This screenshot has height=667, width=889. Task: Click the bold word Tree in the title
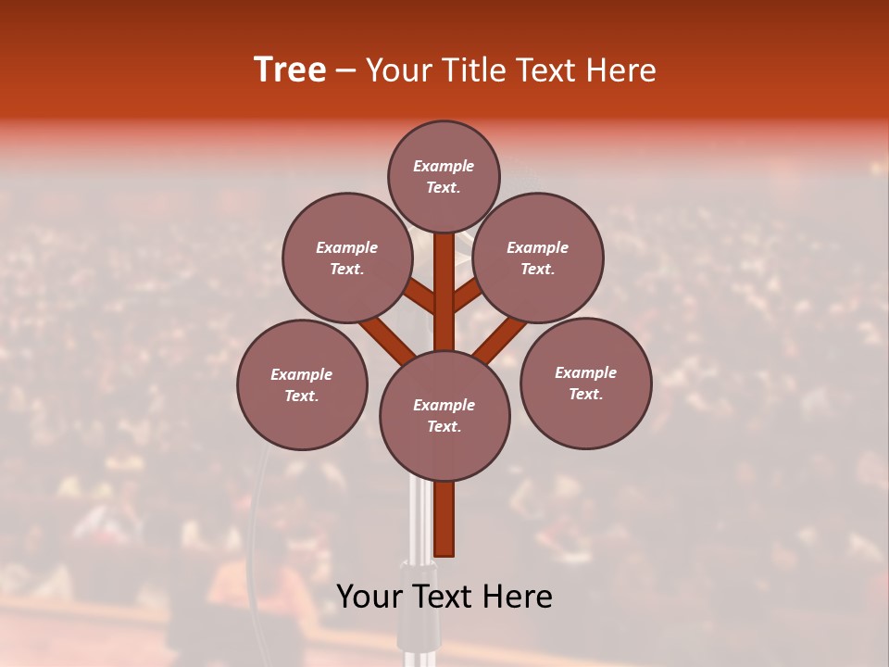pos(290,70)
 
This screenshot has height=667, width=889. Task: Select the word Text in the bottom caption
pos(444,597)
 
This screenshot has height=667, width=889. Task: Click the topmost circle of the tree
pos(444,176)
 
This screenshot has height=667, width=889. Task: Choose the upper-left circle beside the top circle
pos(347,258)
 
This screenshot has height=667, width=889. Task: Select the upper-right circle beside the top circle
pos(538,258)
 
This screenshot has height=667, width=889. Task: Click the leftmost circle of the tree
pos(302,384)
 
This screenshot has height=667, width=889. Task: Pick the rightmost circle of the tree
pos(585,383)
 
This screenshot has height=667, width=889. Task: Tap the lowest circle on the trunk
pos(444,415)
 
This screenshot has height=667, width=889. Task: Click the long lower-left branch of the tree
pos(385,339)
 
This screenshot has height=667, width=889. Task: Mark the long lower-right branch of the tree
pos(503,339)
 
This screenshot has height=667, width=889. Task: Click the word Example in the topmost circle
pos(444,166)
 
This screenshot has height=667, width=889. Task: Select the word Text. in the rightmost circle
pos(585,394)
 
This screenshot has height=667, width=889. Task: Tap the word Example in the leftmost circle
pos(302,374)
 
